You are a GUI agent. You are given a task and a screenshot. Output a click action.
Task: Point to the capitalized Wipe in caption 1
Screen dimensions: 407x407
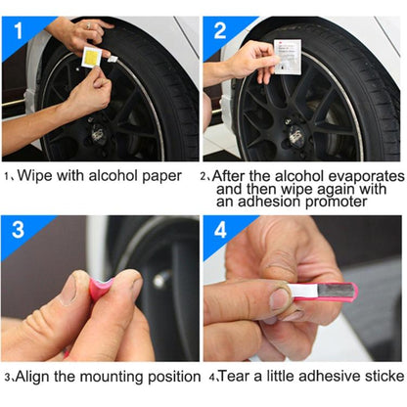35,177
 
